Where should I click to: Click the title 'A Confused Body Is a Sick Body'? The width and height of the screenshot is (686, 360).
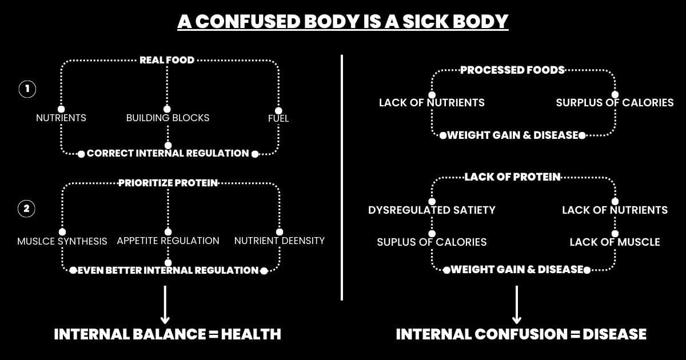[342, 22]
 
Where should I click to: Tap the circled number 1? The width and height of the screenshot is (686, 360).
[27, 89]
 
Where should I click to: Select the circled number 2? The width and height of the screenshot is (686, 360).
[27, 209]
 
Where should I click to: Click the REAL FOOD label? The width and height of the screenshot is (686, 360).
[167, 59]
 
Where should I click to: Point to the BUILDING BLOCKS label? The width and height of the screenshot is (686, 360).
[167, 118]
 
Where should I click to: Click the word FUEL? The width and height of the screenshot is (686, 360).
[278, 118]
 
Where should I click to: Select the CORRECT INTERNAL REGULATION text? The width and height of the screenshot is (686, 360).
[168, 153]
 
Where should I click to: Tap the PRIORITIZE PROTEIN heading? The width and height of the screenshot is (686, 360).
[168, 183]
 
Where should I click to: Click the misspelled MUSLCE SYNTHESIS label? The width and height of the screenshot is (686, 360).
[62, 241]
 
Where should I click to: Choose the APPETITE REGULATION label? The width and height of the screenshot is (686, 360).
[168, 241]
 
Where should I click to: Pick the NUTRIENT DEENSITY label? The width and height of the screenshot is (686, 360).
[280, 241]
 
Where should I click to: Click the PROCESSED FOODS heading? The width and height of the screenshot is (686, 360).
[512, 70]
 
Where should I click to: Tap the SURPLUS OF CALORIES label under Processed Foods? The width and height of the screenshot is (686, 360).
[615, 103]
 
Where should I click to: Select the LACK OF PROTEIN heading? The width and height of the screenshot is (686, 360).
[512, 177]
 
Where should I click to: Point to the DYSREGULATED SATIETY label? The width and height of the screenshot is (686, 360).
[432, 210]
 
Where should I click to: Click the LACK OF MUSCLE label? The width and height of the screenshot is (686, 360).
[615, 242]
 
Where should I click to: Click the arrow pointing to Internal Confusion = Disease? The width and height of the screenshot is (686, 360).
[517, 305]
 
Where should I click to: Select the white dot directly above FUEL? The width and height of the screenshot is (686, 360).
[278, 110]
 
